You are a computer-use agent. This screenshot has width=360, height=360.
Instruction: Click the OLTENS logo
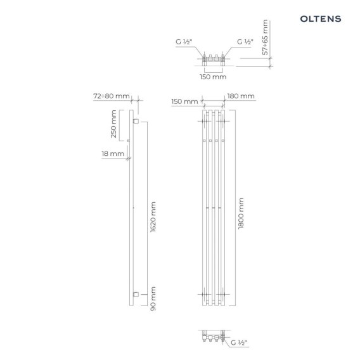[x=321, y=19]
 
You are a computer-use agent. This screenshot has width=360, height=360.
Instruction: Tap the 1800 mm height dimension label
[x=241, y=214]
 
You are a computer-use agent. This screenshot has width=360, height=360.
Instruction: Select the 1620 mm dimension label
[x=153, y=217]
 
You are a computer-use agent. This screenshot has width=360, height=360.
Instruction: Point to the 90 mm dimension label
[x=153, y=299]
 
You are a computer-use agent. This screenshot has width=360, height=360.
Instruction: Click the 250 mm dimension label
[x=113, y=124]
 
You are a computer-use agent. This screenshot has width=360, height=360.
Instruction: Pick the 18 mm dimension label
[x=113, y=153]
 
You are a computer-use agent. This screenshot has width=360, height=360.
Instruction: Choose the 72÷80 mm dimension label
[x=112, y=96]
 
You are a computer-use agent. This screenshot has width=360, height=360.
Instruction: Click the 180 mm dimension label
[x=241, y=96]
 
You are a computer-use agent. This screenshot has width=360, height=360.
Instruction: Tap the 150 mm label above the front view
[x=184, y=101]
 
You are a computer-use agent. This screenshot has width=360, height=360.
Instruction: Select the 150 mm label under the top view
[x=213, y=77]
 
